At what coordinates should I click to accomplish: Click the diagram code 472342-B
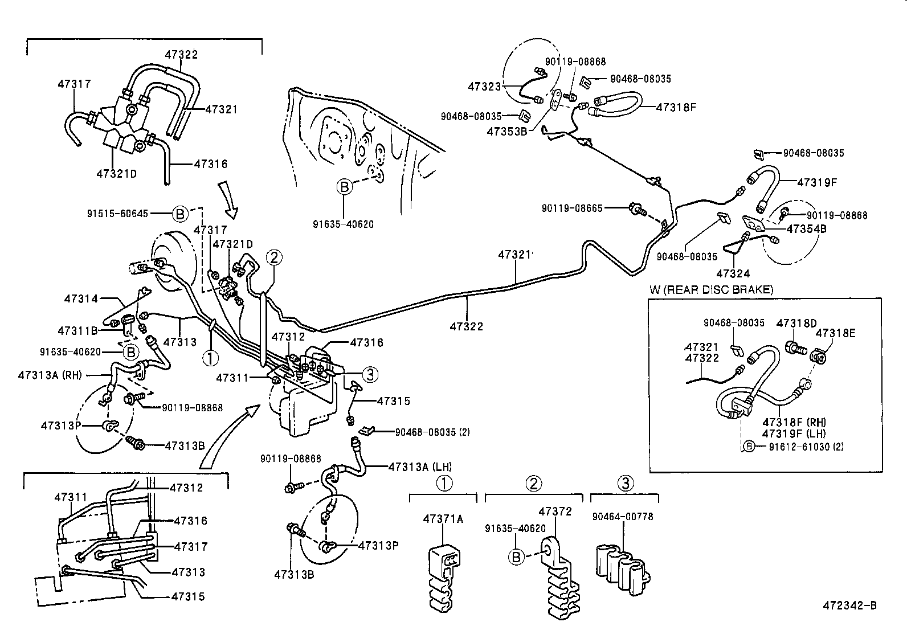point(849,604)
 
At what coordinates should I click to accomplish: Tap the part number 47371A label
point(443,518)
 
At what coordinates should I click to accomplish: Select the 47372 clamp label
point(555,512)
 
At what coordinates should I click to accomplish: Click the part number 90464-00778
point(622,517)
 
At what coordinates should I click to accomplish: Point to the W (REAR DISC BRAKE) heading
point(711,290)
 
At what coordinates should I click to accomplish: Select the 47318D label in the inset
point(796,323)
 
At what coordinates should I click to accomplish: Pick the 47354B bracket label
point(806,228)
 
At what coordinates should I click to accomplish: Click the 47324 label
point(733,273)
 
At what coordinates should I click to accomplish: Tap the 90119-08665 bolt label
point(571,209)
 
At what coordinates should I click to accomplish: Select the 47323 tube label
point(484,87)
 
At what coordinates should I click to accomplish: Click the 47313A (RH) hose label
point(50,374)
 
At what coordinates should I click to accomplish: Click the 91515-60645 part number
point(117,214)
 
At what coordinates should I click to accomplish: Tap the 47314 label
point(81,298)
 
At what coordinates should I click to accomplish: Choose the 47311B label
point(78,330)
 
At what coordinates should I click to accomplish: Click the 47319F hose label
point(816,182)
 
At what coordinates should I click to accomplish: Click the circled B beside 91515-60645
point(179,214)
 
